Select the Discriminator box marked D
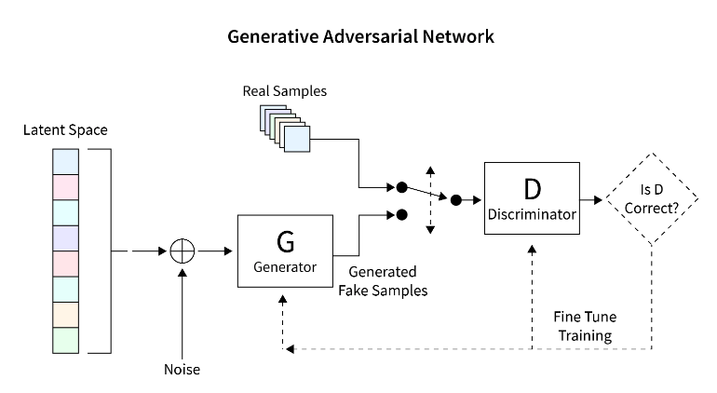pyautogui.click(x=532, y=199)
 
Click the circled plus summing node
pyautogui.click(x=183, y=251)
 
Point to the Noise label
pyautogui.click(x=183, y=370)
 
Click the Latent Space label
pyautogui.click(x=65, y=129)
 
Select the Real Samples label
pyautogui.click(x=285, y=91)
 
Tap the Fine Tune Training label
pyautogui.click(x=585, y=325)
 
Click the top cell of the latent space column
pyautogui.click(x=67, y=162)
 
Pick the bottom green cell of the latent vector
pyautogui.click(x=67, y=340)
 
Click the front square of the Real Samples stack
pyautogui.click(x=297, y=140)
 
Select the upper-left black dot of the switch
pyautogui.click(x=401, y=187)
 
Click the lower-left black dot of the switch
pyautogui.click(x=401, y=214)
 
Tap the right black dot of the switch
pyautogui.click(x=456, y=199)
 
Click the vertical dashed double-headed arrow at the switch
pyautogui.click(x=429, y=200)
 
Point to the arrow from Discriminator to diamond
pyautogui.click(x=591, y=199)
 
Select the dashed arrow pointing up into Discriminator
pyautogui.click(x=532, y=289)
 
